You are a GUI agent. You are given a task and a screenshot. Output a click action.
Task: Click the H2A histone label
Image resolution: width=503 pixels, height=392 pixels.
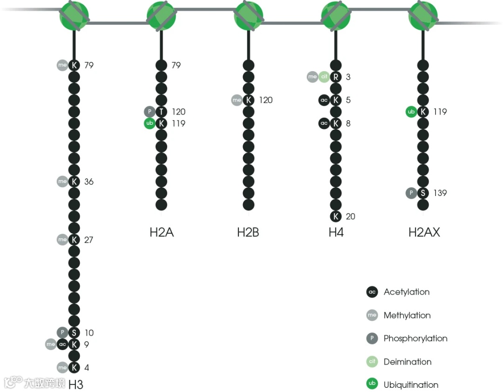[162, 232]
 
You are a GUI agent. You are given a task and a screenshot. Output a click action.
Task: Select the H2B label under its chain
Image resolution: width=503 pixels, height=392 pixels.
[248, 232]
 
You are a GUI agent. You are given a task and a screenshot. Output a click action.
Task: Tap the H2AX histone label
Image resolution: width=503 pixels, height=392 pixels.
[424, 232]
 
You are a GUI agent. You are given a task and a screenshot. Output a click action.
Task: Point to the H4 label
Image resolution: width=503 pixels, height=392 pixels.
[336, 232]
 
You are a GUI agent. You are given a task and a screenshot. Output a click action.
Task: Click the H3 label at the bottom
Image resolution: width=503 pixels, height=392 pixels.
[76, 384]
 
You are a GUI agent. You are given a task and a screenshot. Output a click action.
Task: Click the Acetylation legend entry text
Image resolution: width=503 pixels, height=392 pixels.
[407, 292]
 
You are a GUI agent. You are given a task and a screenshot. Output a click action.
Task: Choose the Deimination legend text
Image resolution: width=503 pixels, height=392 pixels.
[408, 362]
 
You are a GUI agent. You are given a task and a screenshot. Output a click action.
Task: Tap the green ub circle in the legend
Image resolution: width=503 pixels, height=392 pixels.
[372, 385]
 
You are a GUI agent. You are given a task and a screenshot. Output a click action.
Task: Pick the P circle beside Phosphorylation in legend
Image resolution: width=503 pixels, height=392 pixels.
[372, 338]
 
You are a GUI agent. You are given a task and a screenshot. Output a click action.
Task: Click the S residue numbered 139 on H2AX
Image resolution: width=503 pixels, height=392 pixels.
[423, 193]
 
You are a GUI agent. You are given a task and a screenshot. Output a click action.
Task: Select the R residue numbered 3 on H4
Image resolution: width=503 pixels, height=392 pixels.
[336, 77]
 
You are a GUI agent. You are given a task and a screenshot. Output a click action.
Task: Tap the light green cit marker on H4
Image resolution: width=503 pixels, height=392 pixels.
[324, 77]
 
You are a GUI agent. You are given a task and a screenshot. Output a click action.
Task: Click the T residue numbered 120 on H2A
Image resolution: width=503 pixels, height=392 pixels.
[161, 112]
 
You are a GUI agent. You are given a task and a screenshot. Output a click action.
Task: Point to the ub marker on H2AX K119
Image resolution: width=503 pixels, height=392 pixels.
[411, 112]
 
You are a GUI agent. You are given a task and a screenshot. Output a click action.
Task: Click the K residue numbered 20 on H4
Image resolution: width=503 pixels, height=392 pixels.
[336, 216]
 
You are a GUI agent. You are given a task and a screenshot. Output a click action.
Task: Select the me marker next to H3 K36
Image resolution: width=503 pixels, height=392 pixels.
[62, 182]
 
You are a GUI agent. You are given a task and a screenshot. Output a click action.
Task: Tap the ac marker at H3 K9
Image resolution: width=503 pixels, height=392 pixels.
[62, 345]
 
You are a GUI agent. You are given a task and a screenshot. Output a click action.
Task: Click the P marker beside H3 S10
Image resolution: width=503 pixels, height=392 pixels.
[62, 332]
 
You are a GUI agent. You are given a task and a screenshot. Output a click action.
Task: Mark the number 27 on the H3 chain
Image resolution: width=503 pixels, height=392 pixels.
[89, 240]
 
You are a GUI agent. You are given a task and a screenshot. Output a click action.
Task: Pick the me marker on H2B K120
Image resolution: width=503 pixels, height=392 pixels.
[237, 100]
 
